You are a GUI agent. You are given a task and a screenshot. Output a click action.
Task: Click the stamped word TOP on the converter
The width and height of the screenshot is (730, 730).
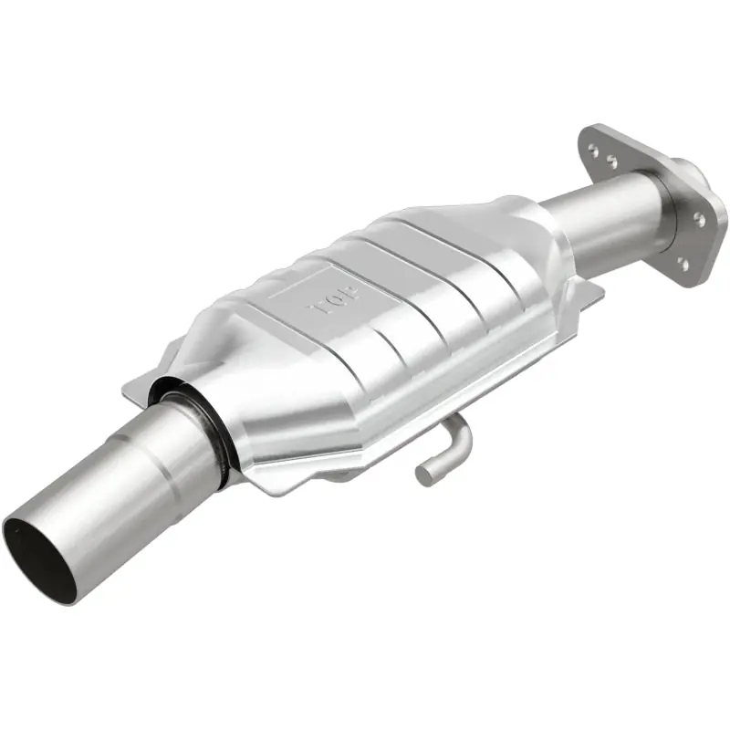[334, 301]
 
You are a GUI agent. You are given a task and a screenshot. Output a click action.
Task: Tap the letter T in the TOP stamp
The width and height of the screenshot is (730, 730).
[317, 309]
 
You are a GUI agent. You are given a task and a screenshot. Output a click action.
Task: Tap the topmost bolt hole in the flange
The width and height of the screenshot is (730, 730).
[593, 147]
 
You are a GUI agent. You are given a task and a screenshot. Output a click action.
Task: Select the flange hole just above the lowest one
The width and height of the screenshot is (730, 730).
[698, 218]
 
